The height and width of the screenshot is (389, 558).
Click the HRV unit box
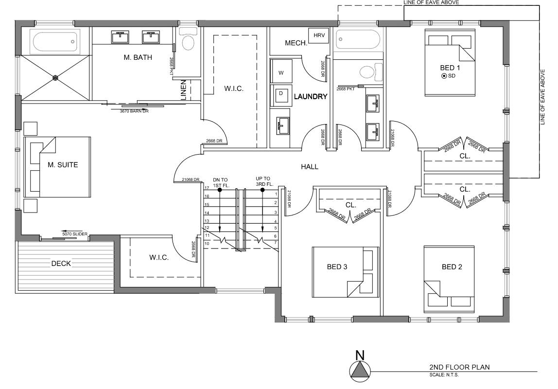[318, 35]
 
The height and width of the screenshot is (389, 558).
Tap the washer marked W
[281, 72]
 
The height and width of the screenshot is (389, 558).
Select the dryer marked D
[281, 95]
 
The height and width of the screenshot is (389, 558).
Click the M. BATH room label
[138, 57]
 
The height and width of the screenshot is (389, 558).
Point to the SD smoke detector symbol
[444, 76]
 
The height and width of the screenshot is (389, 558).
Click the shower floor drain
[55, 77]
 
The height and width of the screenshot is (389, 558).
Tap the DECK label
[61, 264]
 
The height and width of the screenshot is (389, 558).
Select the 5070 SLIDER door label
[75, 234]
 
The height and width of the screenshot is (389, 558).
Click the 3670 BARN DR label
[134, 111]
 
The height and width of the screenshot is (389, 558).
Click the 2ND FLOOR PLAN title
[459, 367]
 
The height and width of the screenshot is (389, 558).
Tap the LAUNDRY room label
[311, 96]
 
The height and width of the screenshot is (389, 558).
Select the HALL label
[310, 167]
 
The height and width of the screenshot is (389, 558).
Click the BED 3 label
[337, 266]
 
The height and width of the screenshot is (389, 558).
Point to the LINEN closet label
[184, 89]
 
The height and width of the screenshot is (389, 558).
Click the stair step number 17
[207, 188]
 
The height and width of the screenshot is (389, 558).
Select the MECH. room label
[296, 43]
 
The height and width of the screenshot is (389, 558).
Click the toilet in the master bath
[188, 39]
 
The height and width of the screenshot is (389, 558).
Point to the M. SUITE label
[63, 165]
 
